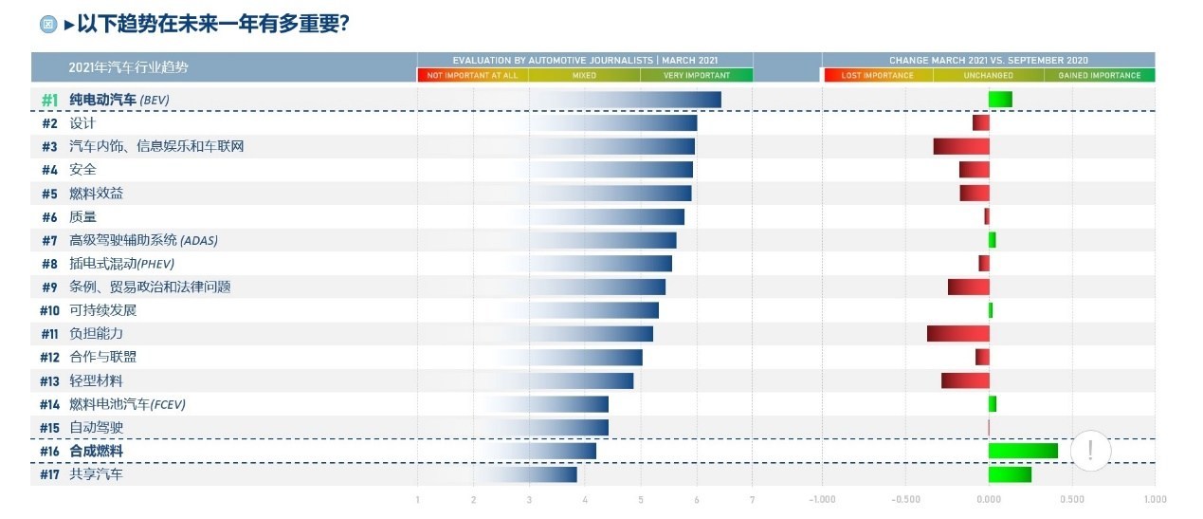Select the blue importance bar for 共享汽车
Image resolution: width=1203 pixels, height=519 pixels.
tap(531, 474)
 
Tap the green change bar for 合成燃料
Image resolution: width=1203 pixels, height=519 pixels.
tap(1023, 451)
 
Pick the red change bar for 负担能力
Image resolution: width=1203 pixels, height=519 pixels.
tap(958, 334)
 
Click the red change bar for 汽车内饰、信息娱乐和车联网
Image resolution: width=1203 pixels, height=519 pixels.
tap(961, 146)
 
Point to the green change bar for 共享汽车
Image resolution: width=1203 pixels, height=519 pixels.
tap(1010, 474)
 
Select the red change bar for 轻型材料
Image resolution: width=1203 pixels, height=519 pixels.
tap(965, 380)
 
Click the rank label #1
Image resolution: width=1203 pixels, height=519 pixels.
tap(51, 100)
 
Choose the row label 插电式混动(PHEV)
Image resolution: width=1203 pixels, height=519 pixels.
tap(122, 264)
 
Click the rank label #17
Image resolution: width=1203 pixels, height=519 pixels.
tap(50, 474)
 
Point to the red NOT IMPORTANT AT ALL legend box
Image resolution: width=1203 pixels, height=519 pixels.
tap(472, 75)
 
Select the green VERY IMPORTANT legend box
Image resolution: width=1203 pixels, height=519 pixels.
tap(697, 75)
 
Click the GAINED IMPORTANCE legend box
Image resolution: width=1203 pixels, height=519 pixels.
tap(1100, 75)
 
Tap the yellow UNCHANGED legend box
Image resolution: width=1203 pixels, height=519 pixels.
tap(989, 75)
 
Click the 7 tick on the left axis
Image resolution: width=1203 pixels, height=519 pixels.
tap(752, 499)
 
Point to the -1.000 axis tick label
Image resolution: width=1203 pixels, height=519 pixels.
tap(822, 499)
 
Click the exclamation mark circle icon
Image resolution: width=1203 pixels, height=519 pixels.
tap(1090, 450)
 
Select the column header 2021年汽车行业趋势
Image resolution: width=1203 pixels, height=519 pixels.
tap(128, 67)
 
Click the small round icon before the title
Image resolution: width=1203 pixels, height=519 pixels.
tap(48, 25)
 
